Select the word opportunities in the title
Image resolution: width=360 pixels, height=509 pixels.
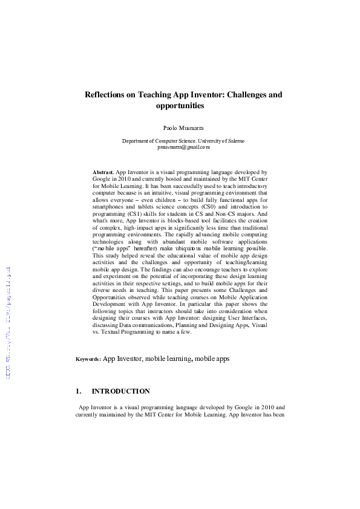[180, 106]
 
